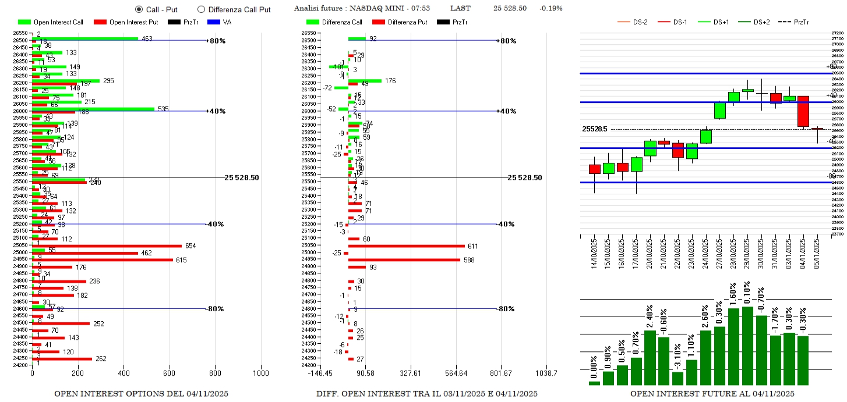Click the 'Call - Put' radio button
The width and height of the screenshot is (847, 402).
point(139,9)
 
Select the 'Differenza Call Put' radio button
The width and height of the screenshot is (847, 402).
point(202,9)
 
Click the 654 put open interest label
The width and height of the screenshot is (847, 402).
point(191,246)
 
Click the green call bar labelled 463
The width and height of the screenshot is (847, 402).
point(85,39)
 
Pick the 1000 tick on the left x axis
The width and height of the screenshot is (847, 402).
point(260,373)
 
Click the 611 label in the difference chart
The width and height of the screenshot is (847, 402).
point(473,246)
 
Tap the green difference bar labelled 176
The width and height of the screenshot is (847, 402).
point(365,81)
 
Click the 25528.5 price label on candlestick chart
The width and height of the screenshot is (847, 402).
point(594,129)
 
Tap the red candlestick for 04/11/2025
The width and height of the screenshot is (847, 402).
point(803,111)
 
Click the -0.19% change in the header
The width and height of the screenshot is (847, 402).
point(551,8)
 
